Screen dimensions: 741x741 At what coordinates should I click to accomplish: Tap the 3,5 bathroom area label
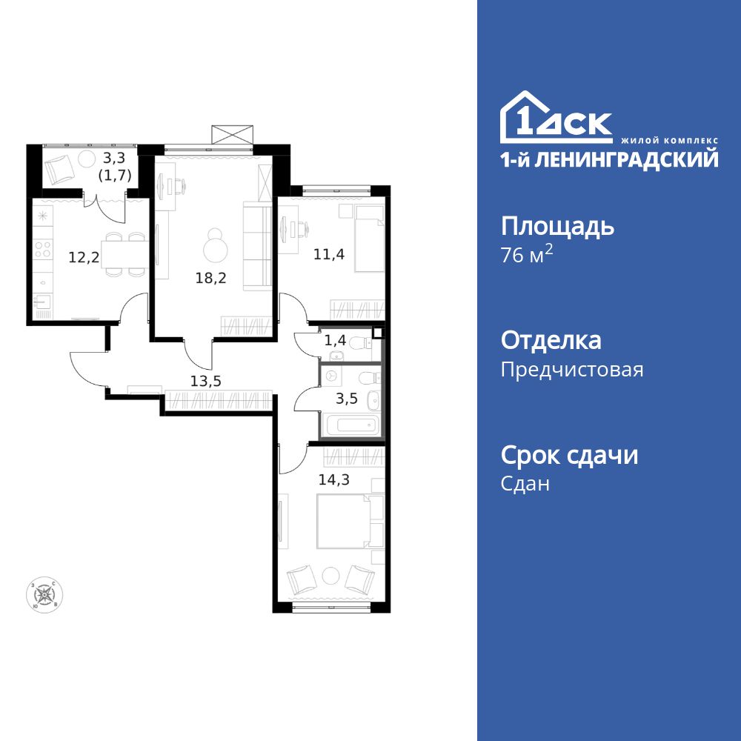pos(347,398)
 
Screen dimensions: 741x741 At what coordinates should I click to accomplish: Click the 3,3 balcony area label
pos(114,157)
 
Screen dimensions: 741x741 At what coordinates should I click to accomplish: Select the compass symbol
pos(45,594)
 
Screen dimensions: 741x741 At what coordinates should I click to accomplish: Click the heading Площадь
pos(557,225)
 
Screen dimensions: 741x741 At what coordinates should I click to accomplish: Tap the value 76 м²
pos(527,256)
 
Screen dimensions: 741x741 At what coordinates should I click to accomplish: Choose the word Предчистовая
pos(572,369)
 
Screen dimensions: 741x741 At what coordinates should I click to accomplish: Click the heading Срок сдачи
pos(569,454)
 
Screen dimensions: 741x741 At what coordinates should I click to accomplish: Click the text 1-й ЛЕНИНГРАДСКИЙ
pos(609,159)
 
